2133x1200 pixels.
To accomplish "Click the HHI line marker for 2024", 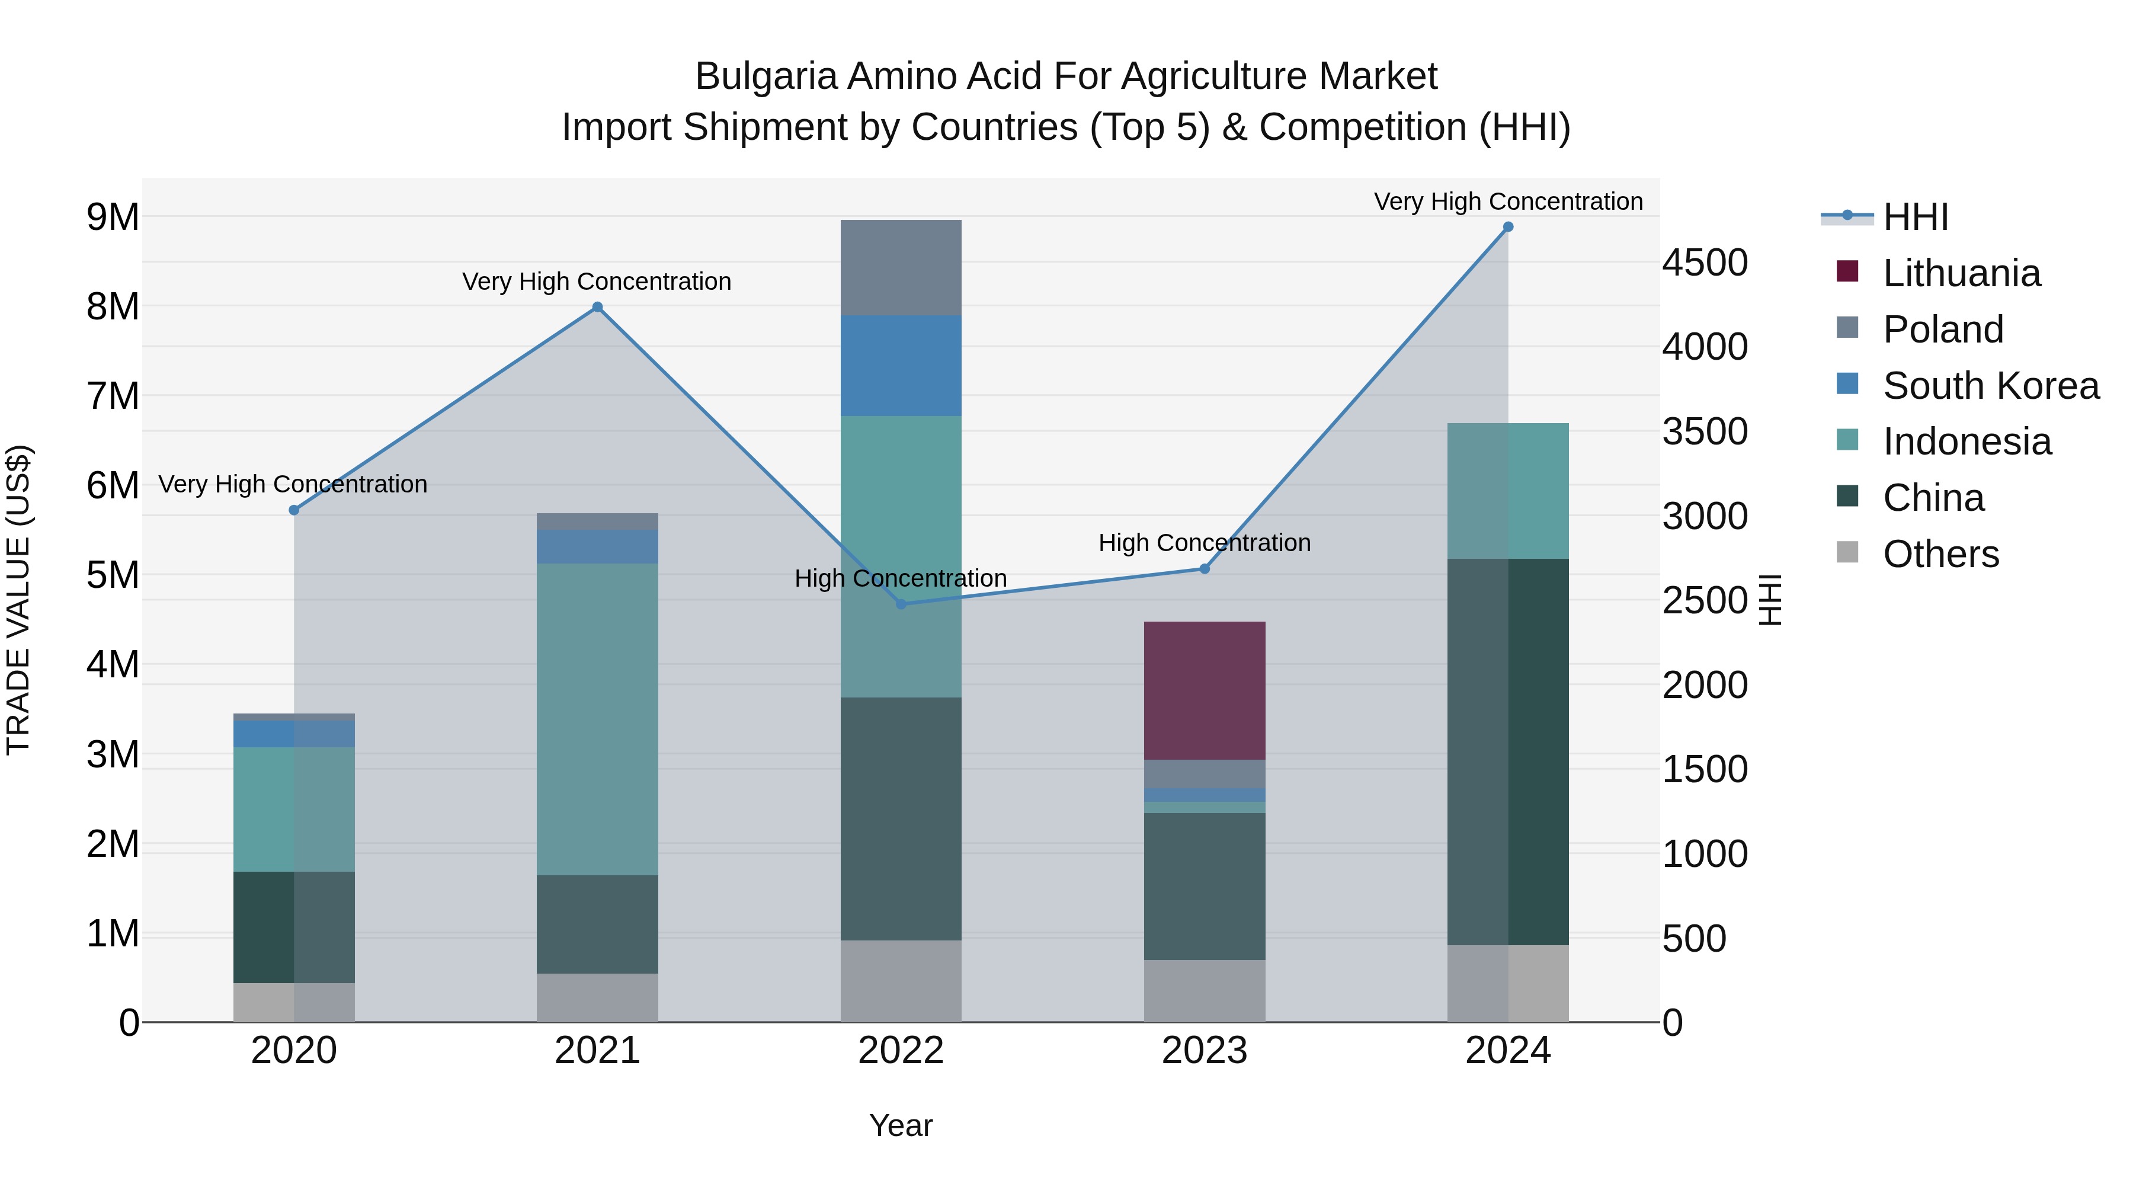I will [1508, 227].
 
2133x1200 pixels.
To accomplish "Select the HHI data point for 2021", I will [597, 307].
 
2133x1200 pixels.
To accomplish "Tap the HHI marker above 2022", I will [901, 604].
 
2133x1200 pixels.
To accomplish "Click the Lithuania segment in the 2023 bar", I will [1204, 691].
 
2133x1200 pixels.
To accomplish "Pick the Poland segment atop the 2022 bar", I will [901, 267].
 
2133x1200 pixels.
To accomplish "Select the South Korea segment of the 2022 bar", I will [901, 365].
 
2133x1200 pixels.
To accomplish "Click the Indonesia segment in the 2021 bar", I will [597, 719].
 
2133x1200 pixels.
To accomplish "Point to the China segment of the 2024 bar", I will [1508, 752].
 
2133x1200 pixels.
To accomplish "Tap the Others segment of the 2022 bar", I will [901, 981].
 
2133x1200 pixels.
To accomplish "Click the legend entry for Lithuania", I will [1961, 273].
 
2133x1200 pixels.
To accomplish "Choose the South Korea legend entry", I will [1990, 386].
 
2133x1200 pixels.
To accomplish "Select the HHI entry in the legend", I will [1914, 217].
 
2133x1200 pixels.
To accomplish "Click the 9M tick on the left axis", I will [113, 217].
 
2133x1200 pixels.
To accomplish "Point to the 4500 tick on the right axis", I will [1705, 263].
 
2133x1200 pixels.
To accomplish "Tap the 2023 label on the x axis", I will [1204, 1051].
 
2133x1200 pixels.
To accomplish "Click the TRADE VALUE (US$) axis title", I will [18, 600].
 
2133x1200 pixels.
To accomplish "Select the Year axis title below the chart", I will [901, 1125].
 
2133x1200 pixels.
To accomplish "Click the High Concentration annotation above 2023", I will [1204, 543].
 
